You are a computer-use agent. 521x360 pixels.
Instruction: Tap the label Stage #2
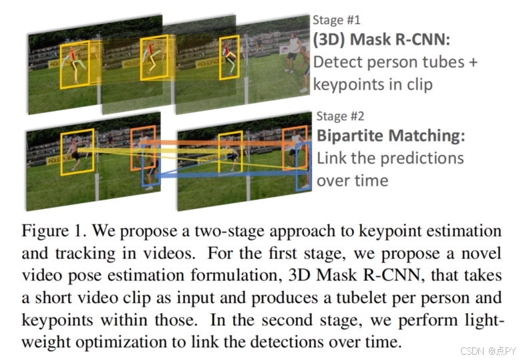pyautogui.click(x=340, y=116)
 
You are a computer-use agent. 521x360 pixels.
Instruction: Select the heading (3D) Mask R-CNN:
pyautogui.click(x=382, y=39)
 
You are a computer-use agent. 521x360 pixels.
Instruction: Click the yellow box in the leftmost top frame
pyautogui.click(x=74, y=66)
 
